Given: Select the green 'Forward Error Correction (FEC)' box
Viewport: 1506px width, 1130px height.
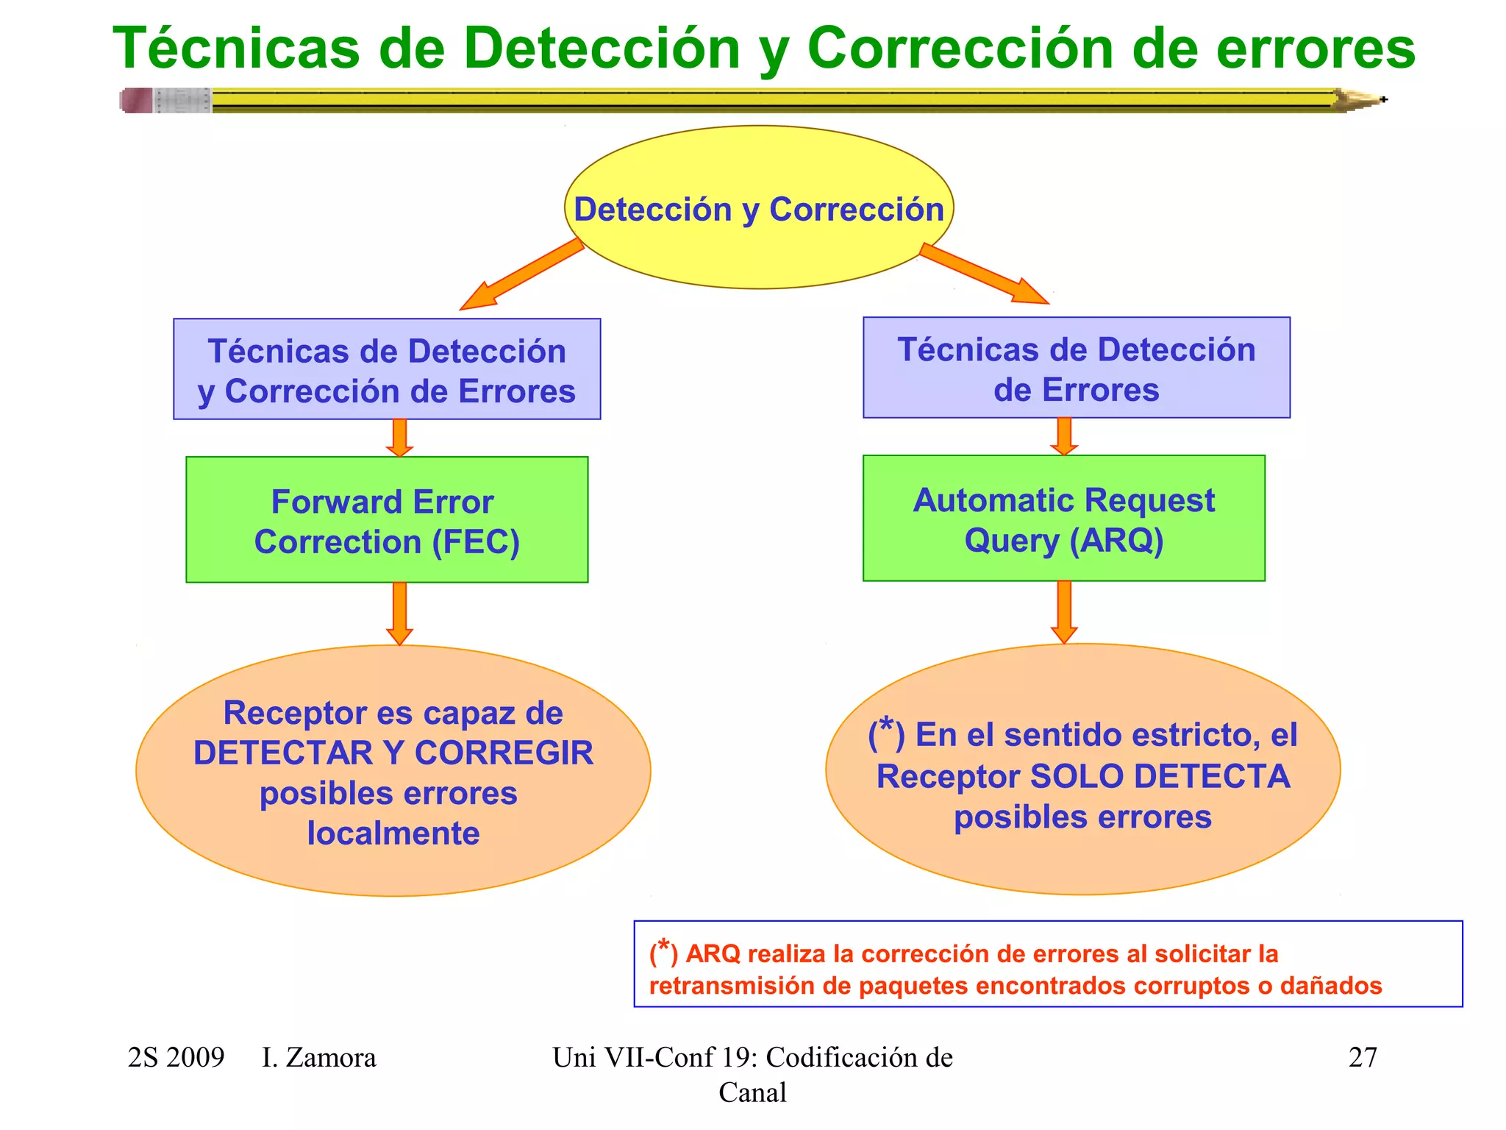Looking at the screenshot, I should (387, 520).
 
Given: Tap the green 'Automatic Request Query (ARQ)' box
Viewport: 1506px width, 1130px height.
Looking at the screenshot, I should (1063, 519).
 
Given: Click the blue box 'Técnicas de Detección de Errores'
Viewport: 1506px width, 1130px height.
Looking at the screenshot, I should (1076, 369).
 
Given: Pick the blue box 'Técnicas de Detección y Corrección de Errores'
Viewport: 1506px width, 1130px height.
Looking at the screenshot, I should (387, 370).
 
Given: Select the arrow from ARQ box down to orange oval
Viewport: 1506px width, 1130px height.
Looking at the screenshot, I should (1064, 611).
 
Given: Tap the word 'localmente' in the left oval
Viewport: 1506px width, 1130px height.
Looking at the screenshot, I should (393, 834).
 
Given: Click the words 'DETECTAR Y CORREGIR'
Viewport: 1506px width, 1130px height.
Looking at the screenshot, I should (393, 753).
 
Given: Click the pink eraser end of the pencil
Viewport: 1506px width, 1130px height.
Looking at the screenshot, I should (136, 100).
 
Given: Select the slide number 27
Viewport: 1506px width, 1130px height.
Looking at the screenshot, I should (1363, 1057).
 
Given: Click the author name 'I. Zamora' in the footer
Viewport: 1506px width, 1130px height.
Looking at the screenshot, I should (318, 1058).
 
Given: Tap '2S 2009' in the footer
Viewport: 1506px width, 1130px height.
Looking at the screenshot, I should (176, 1058).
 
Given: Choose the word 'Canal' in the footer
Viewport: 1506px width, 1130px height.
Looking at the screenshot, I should (752, 1092).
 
